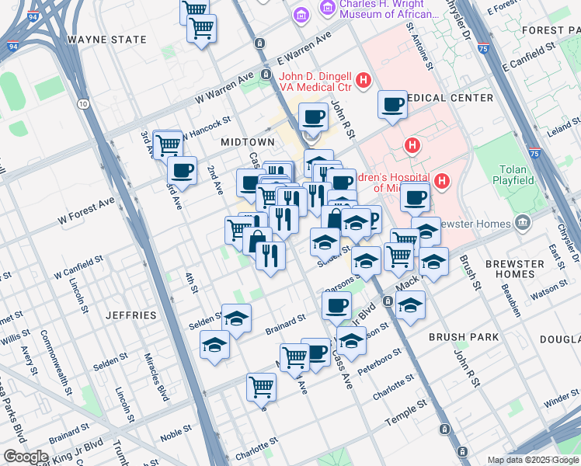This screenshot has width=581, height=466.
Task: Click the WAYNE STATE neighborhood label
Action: pos(106,40)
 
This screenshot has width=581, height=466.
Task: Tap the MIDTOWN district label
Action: pos(247,142)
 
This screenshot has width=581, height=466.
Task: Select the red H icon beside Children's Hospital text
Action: pos(442,182)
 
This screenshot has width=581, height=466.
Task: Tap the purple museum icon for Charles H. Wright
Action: pos(302,13)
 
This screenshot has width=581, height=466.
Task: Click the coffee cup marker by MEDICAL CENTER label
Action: pos(392,104)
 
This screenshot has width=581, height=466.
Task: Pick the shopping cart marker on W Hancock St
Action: pos(168,144)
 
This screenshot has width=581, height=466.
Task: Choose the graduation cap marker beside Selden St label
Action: pos(236,318)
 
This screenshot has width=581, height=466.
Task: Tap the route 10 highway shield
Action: pos(82,103)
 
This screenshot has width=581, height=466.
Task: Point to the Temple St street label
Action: pos(407,412)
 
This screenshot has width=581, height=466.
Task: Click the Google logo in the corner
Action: pos(26,457)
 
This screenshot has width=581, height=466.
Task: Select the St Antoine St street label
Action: pos(419,45)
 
